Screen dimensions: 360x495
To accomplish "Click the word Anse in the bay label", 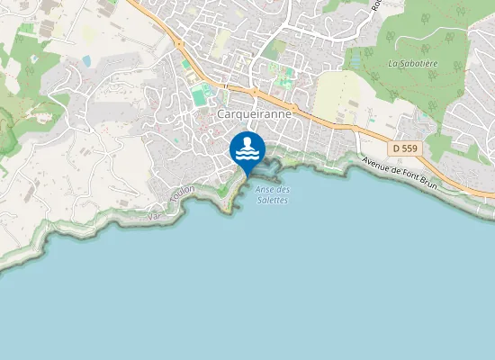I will [x=265, y=189].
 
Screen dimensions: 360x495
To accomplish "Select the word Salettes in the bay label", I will [x=272, y=199].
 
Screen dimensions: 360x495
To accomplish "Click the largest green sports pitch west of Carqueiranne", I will [x=199, y=95].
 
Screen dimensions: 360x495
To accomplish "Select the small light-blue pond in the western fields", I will [x=86, y=60].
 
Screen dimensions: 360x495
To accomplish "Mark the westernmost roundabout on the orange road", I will [x=179, y=43].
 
